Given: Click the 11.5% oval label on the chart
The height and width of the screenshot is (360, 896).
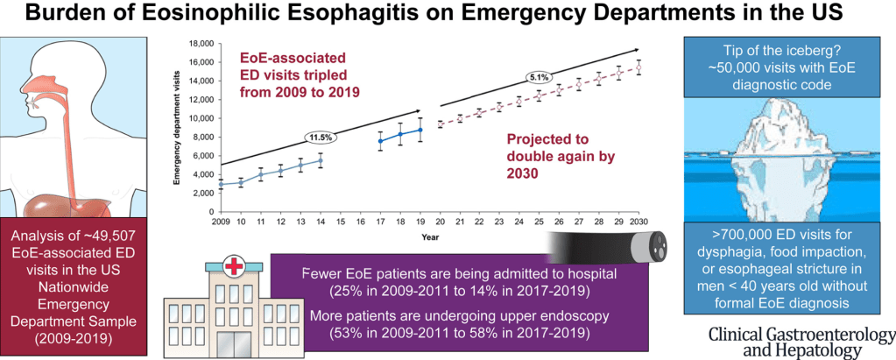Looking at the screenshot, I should point(321,138).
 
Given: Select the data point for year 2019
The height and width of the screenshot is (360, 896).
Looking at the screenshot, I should point(420,130).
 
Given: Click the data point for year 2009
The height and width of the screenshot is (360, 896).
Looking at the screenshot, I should point(221,185).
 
